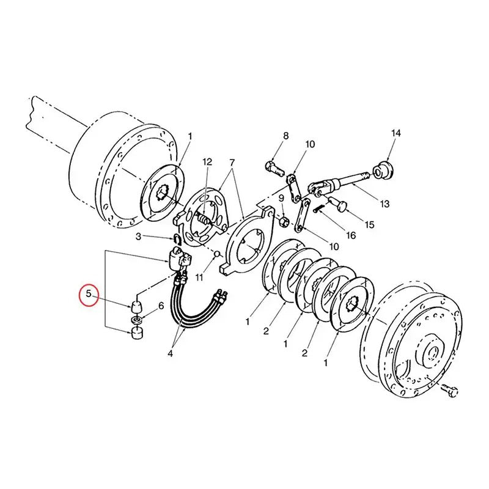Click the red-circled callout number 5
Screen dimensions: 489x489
(x=89, y=294)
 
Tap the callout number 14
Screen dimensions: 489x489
(x=395, y=133)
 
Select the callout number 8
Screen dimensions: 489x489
(x=285, y=135)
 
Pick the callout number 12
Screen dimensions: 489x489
(x=207, y=162)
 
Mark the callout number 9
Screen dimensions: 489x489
(x=281, y=198)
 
